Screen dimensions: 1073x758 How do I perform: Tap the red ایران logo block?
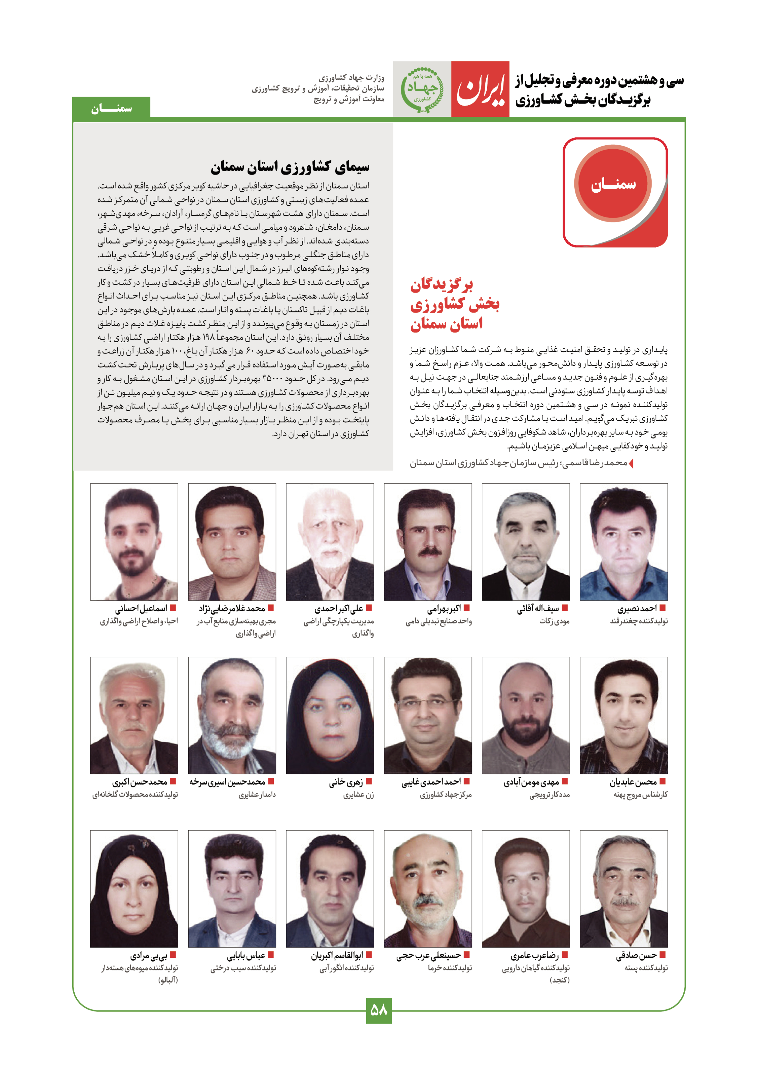[480, 89]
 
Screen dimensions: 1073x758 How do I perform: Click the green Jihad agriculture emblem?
[422, 89]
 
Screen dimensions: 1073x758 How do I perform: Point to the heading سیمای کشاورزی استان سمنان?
[290, 166]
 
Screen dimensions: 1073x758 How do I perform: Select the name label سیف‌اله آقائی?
[538, 608]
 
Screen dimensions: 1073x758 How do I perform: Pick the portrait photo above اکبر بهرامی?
[428, 542]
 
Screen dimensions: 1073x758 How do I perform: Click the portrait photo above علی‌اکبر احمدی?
[330, 542]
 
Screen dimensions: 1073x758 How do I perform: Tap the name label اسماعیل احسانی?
[141, 608]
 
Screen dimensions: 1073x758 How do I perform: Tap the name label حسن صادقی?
[636, 955]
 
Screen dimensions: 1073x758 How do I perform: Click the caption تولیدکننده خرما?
[450, 968]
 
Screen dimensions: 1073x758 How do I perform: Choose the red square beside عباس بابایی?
[271, 955]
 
